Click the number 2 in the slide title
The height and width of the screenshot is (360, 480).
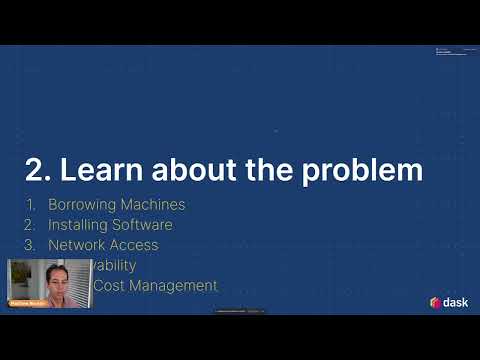tap(33, 171)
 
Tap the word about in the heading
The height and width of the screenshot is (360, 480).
tap(188, 171)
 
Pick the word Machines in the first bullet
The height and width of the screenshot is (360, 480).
tap(155, 205)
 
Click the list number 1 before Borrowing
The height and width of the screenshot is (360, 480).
tap(30, 205)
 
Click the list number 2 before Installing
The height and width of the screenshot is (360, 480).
tap(30, 225)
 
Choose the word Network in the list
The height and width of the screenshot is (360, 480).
tap(76, 245)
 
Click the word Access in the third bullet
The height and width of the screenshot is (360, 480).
tap(134, 245)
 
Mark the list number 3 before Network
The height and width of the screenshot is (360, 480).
tap(30, 245)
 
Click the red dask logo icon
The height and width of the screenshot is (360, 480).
tap(436, 302)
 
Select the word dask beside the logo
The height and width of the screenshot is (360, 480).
tap(456, 302)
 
